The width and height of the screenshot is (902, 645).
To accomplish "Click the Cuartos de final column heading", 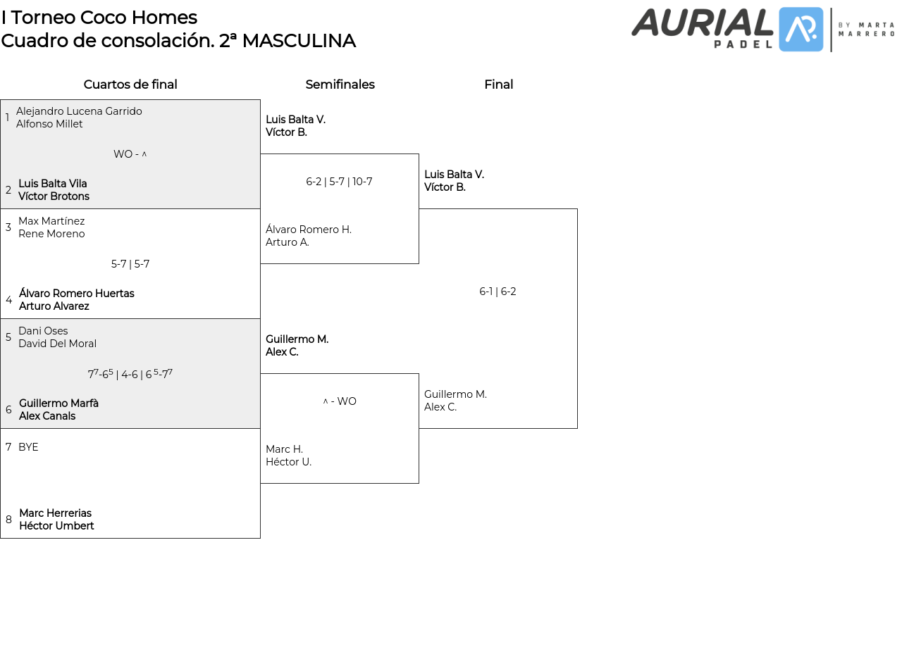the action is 130,84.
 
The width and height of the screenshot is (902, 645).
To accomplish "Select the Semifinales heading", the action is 340,84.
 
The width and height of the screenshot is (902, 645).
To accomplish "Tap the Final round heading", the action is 498,84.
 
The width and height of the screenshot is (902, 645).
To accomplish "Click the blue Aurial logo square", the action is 801,30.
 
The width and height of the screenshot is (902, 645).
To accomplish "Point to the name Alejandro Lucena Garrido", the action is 79,111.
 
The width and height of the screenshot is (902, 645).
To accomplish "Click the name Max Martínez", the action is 51,221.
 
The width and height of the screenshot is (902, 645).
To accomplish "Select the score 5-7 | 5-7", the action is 130,264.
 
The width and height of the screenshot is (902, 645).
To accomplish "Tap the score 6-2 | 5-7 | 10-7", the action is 339,182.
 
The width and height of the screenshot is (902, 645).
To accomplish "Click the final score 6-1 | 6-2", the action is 498,292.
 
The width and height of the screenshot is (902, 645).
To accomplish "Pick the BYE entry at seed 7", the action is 28,447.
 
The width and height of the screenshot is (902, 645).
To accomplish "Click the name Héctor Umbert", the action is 56,526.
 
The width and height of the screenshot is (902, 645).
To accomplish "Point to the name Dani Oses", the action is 43,331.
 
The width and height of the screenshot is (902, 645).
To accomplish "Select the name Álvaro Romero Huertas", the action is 77,294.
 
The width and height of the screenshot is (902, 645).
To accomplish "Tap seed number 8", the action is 8,520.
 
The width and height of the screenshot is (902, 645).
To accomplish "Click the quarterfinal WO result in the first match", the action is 130,154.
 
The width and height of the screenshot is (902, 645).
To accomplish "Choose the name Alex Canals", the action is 47,416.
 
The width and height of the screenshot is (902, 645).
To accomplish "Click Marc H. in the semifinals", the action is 284,449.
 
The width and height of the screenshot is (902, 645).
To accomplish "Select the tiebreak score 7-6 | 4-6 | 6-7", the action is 130,374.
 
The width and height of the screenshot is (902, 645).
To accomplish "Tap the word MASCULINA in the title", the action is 299,41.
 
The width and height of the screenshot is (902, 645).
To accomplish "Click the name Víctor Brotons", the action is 54,196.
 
